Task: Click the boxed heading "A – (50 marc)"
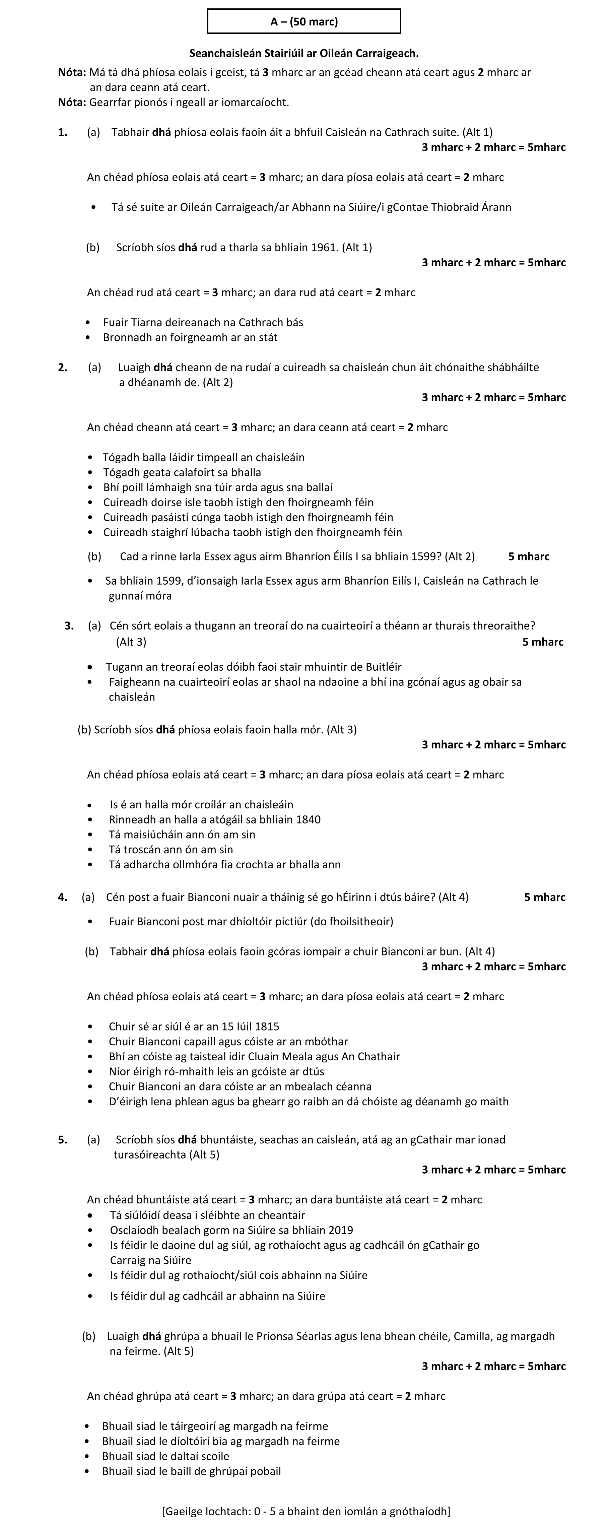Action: (x=304, y=22)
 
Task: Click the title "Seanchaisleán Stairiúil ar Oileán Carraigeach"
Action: (x=304, y=53)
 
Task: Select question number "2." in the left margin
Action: (x=63, y=367)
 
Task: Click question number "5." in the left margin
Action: (x=63, y=1139)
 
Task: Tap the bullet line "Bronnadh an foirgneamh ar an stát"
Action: (x=190, y=338)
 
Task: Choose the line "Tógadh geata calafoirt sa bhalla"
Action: (x=182, y=472)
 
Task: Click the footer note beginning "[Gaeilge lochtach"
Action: (x=306, y=1511)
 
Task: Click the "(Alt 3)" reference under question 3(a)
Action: (x=131, y=642)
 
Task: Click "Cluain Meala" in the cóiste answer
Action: (x=298, y=1056)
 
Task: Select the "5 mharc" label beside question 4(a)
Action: (x=544, y=897)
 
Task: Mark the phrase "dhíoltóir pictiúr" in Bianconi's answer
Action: (x=264, y=921)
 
